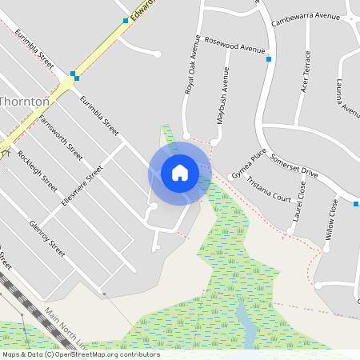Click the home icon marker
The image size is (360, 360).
click(x=180, y=172)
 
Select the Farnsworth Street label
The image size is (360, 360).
click(x=61, y=135)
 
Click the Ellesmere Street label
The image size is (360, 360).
click(x=82, y=186)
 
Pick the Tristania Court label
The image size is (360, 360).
click(x=269, y=188)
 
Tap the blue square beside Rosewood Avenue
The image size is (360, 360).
click(x=269, y=59)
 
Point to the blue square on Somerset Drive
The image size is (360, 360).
click(x=355, y=204)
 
